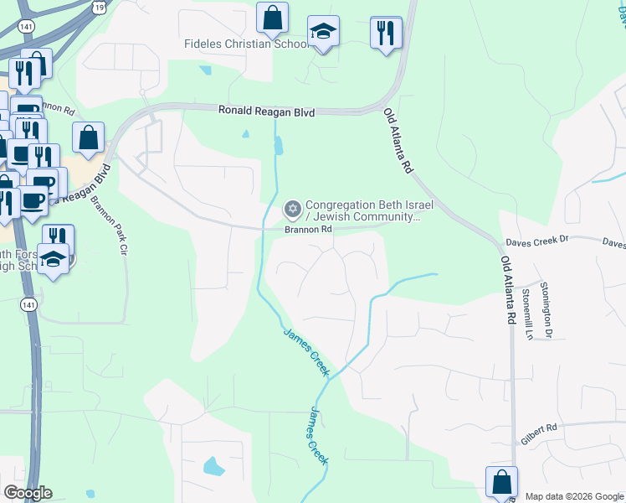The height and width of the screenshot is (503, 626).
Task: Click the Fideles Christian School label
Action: click(x=241, y=44)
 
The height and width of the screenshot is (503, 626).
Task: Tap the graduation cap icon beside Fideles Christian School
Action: click(x=323, y=33)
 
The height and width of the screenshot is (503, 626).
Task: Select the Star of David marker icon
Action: click(x=292, y=208)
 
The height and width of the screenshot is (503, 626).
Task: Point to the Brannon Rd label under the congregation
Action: click(x=309, y=228)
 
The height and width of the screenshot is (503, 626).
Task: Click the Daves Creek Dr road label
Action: click(x=536, y=241)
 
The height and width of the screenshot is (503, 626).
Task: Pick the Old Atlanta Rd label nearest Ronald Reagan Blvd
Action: click(x=399, y=141)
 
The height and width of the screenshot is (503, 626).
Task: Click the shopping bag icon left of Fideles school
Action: click(x=272, y=17)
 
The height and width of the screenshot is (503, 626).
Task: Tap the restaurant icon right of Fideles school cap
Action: click(x=386, y=33)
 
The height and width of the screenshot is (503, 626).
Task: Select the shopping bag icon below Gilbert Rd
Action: click(x=501, y=482)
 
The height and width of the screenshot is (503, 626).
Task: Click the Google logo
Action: click(x=28, y=493)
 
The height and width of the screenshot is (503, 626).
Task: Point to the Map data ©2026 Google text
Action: click(x=574, y=496)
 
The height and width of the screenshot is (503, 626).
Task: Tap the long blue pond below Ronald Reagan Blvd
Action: click(x=279, y=146)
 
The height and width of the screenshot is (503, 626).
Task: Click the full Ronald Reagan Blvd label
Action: click(x=266, y=111)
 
